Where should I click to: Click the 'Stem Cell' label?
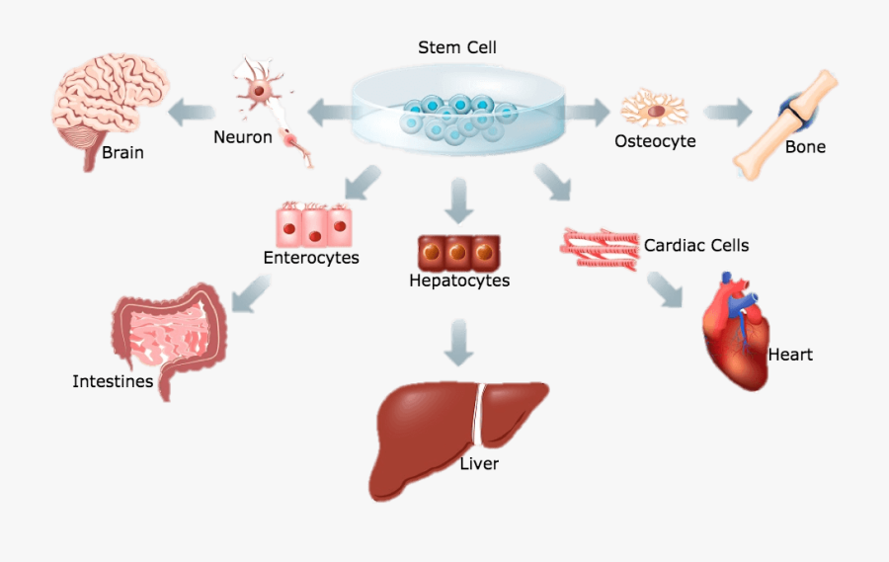pyautogui.click(x=458, y=47)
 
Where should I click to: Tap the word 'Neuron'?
pyautogui.click(x=242, y=137)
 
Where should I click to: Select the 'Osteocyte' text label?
pyautogui.click(x=655, y=141)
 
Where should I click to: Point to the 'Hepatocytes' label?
pyautogui.click(x=459, y=281)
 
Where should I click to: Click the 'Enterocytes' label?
pyautogui.click(x=311, y=258)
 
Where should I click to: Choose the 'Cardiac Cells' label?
pyautogui.click(x=696, y=245)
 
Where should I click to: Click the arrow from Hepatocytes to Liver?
pyautogui.click(x=458, y=342)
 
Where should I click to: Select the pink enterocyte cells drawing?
pyautogui.click(x=313, y=224)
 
